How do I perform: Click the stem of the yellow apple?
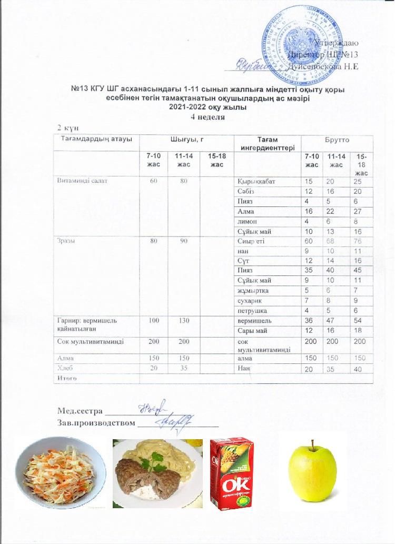[x=312, y=447]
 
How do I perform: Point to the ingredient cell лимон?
[x=246, y=222]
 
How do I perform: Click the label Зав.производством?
[x=96, y=422]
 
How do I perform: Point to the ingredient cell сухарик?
[x=250, y=300]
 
